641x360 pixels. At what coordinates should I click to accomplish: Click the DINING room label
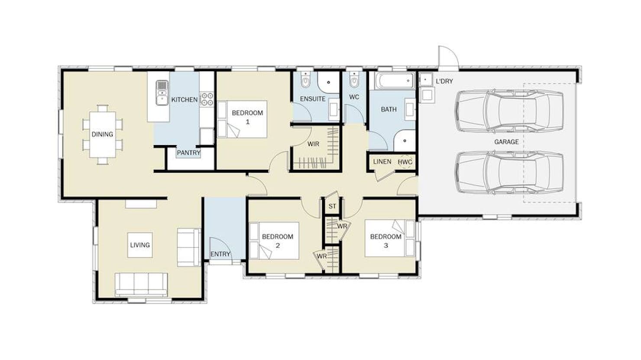[x=102, y=134]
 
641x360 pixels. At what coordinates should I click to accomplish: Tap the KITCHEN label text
[x=185, y=100]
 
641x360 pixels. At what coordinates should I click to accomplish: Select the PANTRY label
[x=188, y=153]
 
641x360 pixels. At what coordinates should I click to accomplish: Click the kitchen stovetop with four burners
[x=207, y=99]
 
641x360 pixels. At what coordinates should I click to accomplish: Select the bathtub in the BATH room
[x=395, y=81]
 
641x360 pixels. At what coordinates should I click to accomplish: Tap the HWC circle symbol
[x=405, y=162]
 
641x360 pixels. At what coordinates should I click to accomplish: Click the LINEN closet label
[x=382, y=162]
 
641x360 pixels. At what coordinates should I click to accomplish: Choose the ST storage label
[x=332, y=206]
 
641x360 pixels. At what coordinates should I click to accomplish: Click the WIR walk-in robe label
[x=313, y=144]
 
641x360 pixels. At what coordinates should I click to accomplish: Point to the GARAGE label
[x=506, y=142]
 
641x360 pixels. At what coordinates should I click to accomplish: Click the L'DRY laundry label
[x=444, y=81]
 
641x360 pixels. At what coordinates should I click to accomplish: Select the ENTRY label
[x=220, y=254]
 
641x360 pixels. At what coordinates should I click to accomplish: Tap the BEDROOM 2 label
[x=278, y=241]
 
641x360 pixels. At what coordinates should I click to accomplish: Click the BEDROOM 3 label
[x=386, y=241]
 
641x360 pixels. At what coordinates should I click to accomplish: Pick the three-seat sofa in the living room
[x=141, y=284]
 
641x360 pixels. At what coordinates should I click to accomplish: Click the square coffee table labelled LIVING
[x=140, y=245]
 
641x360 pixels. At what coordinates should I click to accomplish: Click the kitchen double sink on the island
[x=162, y=93]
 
